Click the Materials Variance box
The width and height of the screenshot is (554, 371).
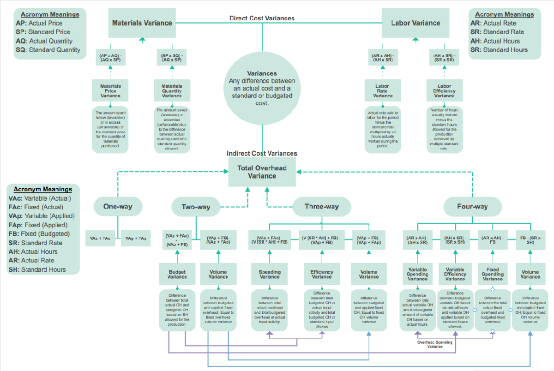pos(142,23)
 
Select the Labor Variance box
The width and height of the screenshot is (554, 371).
pos(415,23)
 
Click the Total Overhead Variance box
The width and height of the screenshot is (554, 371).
pos(262,172)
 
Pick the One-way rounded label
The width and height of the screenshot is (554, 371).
pos(118,206)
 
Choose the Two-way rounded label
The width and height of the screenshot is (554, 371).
pos(196,207)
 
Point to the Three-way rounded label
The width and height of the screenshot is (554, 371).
pos(321,207)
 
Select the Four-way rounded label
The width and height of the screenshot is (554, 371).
pos(472,207)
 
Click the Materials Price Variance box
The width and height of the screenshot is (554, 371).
pos(110,91)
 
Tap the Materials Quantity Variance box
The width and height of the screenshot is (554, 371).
pos(172,91)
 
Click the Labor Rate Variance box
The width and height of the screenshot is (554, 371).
pos(383,91)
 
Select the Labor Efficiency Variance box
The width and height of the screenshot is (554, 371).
pos(444,91)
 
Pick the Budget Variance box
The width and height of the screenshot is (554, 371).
pos(177,274)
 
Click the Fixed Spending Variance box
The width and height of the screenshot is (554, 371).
pos(493,274)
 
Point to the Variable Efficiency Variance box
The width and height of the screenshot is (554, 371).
pos(455,274)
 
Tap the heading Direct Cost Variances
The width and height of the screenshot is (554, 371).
pos(262,18)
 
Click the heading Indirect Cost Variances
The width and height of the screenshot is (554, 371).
pos(262,153)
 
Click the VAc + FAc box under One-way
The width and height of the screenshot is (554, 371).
pos(100,238)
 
